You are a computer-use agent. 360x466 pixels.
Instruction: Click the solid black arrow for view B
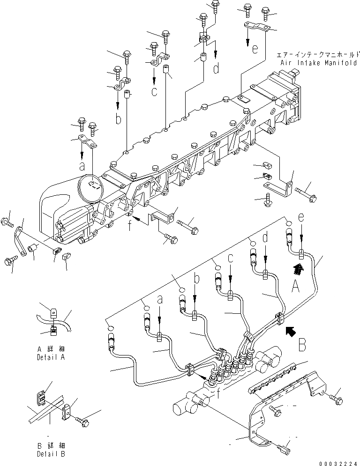click(291, 332)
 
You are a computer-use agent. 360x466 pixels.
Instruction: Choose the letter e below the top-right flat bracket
click(254, 49)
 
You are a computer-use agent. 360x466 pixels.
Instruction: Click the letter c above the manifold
click(154, 91)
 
